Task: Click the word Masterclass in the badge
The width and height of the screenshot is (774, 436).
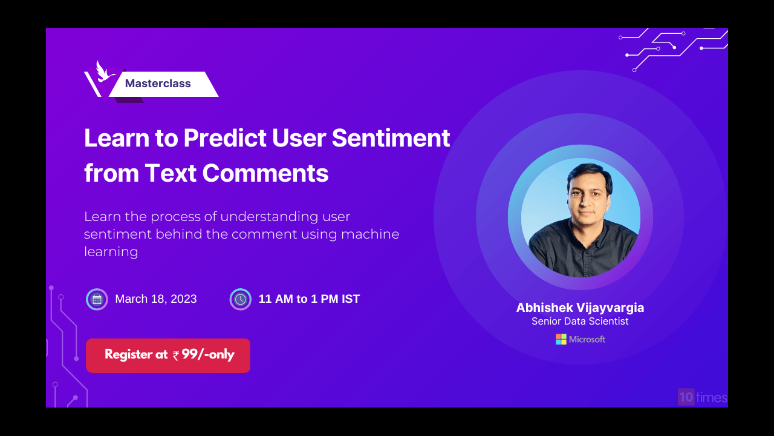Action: pyautogui.click(x=158, y=84)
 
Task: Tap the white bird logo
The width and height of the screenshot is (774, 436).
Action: pyautogui.click(x=103, y=71)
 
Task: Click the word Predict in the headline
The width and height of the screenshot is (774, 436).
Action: pyautogui.click(x=225, y=138)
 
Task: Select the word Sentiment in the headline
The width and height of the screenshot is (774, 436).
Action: pyautogui.click(x=391, y=138)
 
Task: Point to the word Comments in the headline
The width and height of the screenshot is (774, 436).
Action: pyautogui.click(x=265, y=173)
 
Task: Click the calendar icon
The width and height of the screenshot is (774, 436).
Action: pyautogui.click(x=97, y=299)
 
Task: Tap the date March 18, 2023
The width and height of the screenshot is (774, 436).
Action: pyautogui.click(x=156, y=299)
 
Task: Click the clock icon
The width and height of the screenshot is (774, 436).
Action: pyautogui.click(x=241, y=299)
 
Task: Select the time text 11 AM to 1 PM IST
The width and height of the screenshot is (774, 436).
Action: pyautogui.click(x=309, y=299)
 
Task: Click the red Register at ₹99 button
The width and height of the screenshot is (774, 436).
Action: pyautogui.click(x=168, y=355)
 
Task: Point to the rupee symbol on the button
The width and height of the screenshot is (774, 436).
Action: pyautogui.click(x=176, y=355)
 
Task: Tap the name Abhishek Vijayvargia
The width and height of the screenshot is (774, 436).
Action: pyautogui.click(x=580, y=308)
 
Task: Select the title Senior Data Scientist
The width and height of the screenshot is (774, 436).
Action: pyautogui.click(x=580, y=321)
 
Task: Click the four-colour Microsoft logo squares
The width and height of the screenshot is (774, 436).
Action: pyautogui.click(x=561, y=339)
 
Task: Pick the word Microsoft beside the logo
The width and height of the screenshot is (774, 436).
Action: pyautogui.click(x=587, y=340)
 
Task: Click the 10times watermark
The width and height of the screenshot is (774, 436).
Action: pyautogui.click(x=703, y=397)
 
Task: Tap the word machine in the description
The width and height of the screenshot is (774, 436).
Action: pyautogui.click(x=370, y=234)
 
